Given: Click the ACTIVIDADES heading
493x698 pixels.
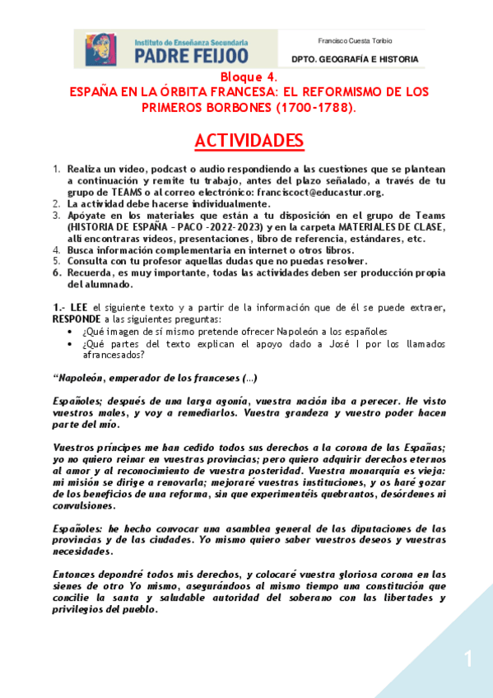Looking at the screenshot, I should [249, 142].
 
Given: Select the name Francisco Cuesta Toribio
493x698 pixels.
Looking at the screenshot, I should [355, 40].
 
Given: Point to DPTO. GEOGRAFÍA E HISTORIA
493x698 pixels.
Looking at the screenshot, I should [356, 59].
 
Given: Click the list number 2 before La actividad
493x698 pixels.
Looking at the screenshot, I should [57, 203].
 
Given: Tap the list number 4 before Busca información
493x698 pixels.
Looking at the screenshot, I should [57, 249].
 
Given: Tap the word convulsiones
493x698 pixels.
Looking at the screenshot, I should [82, 507].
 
